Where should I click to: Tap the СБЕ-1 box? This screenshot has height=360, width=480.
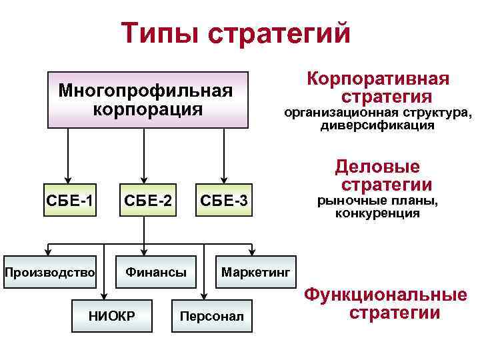pyautogui.click(x=69, y=199)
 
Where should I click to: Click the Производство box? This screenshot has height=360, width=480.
pyautogui.click(x=50, y=273)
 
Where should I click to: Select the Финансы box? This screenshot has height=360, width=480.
pyautogui.click(x=156, y=273)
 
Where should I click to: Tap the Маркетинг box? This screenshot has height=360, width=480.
pyautogui.click(x=255, y=273)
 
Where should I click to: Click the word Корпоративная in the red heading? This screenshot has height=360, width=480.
pyautogui.click(x=377, y=79)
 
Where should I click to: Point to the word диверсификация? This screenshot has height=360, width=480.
pyautogui.click(x=377, y=125)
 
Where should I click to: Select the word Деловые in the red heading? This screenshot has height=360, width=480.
pyautogui.click(x=377, y=166)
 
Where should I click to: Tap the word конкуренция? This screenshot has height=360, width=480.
pyautogui.click(x=377, y=214)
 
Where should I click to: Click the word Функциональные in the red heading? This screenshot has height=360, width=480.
pyautogui.click(x=385, y=295)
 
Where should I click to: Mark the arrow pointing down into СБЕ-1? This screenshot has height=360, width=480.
pyautogui.click(x=67, y=175)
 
